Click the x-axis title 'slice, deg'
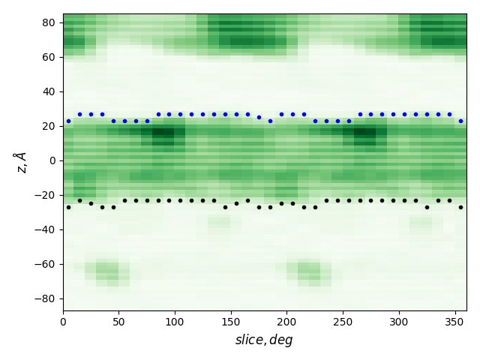[x=264, y=340]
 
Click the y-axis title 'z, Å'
[x=20, y=161]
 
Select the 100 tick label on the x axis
[x=175, y=322]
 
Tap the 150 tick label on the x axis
[x=231, y=322]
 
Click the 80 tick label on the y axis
[x=48, y=22]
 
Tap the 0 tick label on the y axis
[x=52, y=160]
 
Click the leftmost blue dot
[x=68, y=121]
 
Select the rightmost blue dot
[x=460, y=121]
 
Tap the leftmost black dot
[x=68, y=207]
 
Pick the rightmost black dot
[x=460, y=207]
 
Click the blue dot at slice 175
[x=259, y=117]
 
